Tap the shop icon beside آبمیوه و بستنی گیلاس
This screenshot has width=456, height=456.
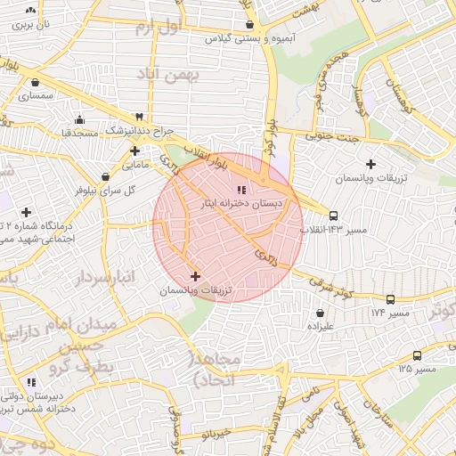(249, 25)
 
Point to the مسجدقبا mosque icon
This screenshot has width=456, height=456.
(81, 119)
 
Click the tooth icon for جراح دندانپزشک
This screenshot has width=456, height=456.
(140, 117)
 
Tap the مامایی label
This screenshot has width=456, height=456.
(134, 165)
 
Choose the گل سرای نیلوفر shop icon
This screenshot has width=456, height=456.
(106, 176)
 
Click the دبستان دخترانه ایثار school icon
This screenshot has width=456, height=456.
(241, 189)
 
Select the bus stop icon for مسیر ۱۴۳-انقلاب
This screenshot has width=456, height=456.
(333, 216)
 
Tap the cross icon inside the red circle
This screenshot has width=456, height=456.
(196, 277)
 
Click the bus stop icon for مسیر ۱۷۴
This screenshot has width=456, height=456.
(391, 300)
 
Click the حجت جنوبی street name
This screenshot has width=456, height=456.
(330, 136)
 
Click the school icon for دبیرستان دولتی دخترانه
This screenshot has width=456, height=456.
(31, 382)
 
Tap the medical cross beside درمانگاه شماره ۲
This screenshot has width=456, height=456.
(27, 212)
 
